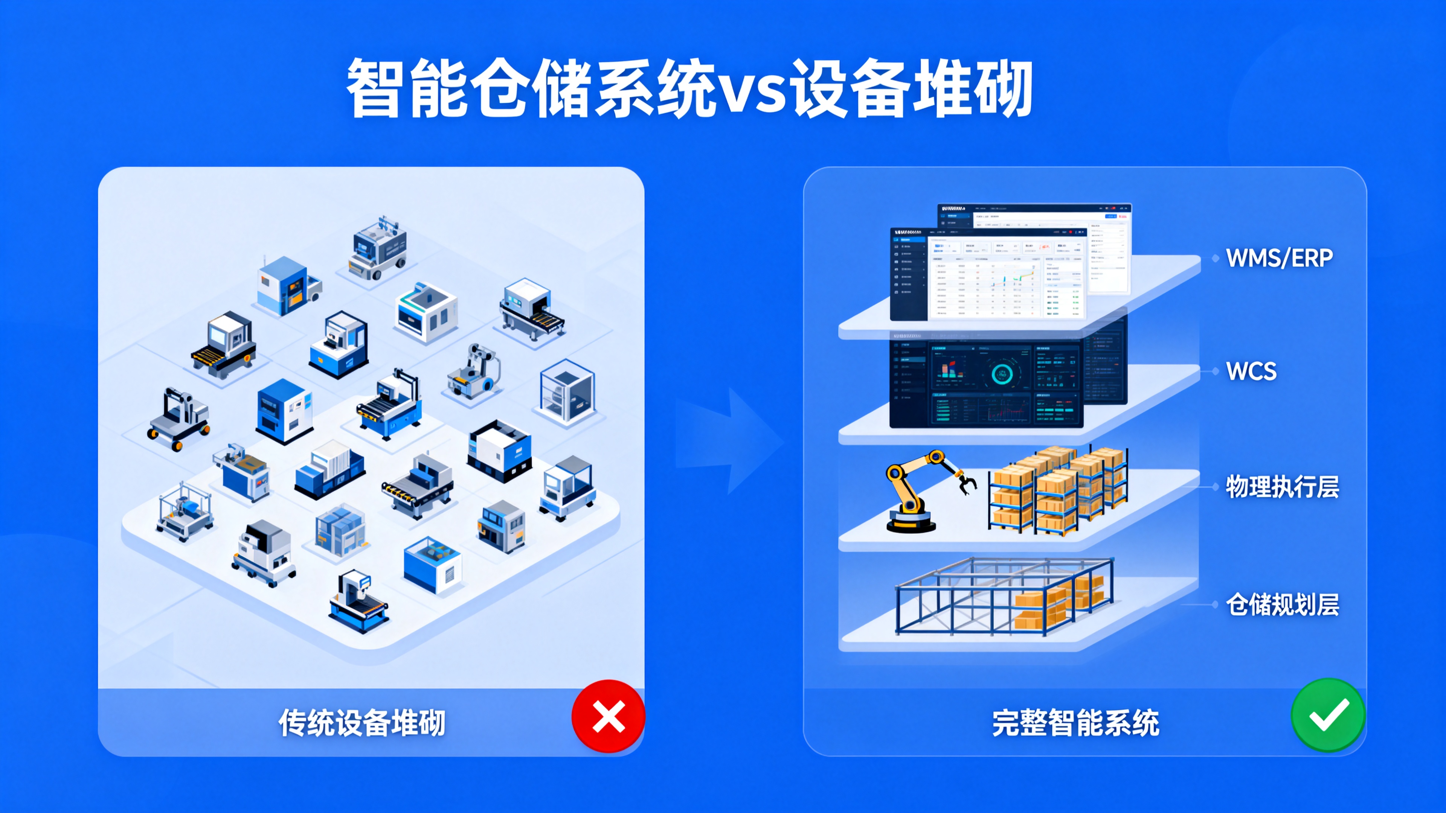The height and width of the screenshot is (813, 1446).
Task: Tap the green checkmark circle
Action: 1328,715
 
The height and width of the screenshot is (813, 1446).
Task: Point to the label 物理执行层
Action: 1282,486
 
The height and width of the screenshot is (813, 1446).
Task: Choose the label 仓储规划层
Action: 1282,604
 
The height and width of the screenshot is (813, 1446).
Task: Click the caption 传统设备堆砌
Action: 362,723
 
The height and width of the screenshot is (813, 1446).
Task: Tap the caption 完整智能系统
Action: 1075,723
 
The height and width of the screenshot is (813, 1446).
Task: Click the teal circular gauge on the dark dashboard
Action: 1002,374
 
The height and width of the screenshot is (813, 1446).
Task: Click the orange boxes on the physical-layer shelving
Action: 1055,488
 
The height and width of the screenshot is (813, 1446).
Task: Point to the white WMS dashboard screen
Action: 988,275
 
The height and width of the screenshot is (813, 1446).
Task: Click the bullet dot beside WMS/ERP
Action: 1215,258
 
